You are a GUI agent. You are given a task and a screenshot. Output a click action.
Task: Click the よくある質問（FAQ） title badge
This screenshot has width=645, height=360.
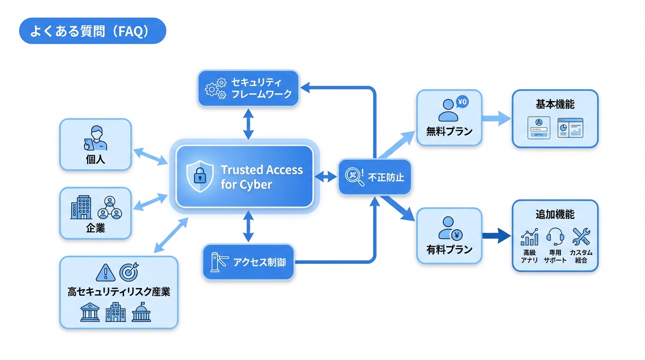tap(92, 31)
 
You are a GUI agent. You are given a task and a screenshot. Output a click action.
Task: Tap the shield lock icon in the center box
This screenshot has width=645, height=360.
tap(199, 177)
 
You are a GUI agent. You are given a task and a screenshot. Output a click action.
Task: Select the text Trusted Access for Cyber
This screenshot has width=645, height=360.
tap(261, 177)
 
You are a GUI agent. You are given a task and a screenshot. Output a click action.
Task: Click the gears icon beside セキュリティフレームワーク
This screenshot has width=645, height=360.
tap(216, 88)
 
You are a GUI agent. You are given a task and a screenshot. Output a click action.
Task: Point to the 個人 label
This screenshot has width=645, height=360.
tap(96, 159)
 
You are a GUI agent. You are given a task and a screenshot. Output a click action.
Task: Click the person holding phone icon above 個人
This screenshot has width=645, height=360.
tap(95, 138)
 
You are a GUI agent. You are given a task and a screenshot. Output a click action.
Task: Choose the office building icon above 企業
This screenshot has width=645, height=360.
tap(81, 207)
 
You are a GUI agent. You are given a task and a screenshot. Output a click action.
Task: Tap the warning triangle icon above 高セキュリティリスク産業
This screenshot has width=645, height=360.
tap(105, 272)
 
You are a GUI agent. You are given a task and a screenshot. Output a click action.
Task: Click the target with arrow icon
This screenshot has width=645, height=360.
tap(129, 272)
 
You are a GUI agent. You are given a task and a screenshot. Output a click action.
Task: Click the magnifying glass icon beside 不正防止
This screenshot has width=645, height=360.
tap(354, 177)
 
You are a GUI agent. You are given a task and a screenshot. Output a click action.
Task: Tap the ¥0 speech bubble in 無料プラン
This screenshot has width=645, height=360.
tap(462, 102)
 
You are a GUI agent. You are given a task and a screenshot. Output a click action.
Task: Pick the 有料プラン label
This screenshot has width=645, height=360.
tap(449, 249)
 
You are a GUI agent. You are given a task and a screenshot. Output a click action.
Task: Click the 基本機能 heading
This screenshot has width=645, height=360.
tap(555, 104)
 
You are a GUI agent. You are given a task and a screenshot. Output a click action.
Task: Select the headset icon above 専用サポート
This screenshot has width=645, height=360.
tap(555, 237)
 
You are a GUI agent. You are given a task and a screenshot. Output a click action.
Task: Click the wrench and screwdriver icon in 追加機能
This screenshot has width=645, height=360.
tap(581, 237)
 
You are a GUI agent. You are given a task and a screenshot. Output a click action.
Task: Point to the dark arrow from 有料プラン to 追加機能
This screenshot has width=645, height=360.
tap(496, 235)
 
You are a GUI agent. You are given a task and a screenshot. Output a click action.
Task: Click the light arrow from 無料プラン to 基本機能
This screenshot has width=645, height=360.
tap(496, 118)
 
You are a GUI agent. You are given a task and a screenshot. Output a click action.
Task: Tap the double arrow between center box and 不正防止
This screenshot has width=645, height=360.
tap(326, 177)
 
